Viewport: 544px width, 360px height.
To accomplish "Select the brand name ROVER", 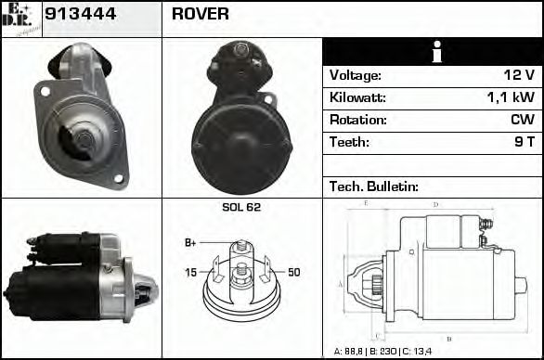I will (x=201, y=14).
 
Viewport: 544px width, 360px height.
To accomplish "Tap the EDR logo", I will (x=20, y=18).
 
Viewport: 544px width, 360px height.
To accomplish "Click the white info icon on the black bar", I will (x=433, y=52).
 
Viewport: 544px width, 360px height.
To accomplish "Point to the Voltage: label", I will (x=356, y=75).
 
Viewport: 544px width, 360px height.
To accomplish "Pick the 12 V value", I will (x=518, y=75).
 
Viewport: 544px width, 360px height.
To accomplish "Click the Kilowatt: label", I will (x=357, y=97).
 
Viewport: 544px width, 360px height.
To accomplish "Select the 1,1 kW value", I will (x=512, y=97).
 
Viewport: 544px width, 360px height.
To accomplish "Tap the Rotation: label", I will (x=357, y=120).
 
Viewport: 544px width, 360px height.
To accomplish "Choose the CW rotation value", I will (x=522, y=120).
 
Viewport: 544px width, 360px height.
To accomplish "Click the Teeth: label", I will (x=349, y=142).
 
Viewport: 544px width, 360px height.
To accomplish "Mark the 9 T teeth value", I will (x=525, y=142).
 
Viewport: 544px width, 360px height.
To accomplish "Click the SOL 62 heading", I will (x=241, y=207).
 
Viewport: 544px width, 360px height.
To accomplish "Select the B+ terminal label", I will (x=190, y=243).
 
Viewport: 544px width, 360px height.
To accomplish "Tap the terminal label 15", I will (x=190, y=272).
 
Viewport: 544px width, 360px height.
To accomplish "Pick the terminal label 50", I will (x=293, y=272).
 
